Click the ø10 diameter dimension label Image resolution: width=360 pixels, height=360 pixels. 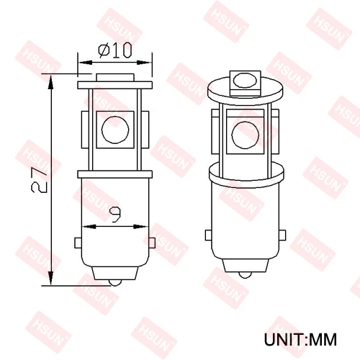115,50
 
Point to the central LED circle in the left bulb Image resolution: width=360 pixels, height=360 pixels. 114,129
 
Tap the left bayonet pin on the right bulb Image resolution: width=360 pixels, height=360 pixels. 208,236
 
